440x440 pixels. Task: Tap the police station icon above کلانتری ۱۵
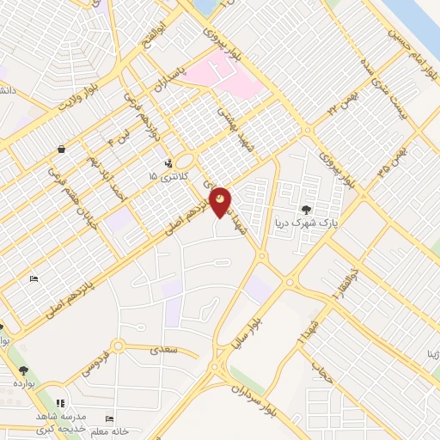click(168, 161)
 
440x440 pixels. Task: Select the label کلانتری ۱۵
click(164, 175)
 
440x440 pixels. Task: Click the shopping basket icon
click(62, 149)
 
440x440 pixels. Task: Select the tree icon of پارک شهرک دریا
click(307, 209)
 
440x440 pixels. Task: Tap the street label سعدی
click(162, 350)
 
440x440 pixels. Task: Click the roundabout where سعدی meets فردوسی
click(119, 346)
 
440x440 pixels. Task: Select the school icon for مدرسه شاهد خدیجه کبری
click(59, 403)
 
